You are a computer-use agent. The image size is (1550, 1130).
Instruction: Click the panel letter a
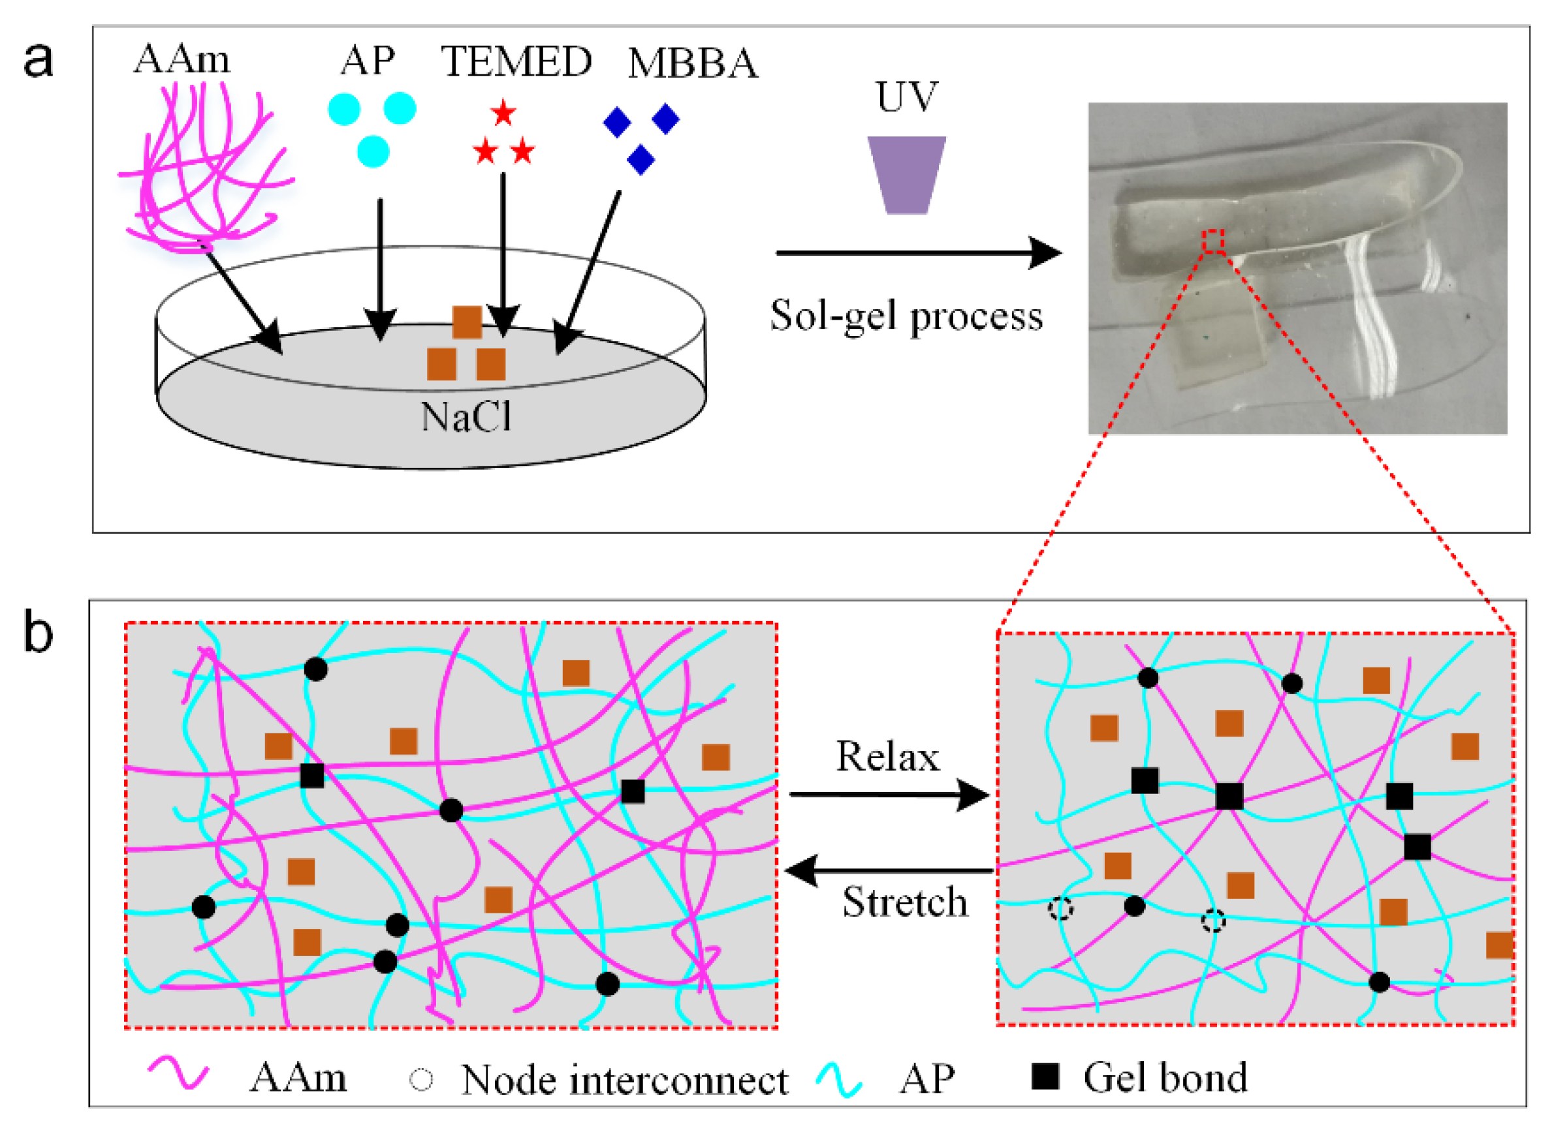[x=39, y=60]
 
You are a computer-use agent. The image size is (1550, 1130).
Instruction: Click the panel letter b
[x=39, y=633]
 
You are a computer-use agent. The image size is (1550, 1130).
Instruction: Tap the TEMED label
[x=516, y=61]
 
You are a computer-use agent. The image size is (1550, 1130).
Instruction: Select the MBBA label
[x=693, y=65]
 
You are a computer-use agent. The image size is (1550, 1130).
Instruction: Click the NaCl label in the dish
[x=466, y=416]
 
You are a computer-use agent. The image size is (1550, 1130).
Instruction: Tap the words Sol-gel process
[x=906, y=316]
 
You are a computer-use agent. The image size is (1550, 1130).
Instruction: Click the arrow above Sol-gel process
[x=917, y=253]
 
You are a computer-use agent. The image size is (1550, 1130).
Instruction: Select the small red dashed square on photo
[x=1213, y=241]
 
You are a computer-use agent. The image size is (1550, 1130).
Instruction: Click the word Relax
[x=887, y=757]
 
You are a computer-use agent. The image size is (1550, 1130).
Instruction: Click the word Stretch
[x=905, y=902]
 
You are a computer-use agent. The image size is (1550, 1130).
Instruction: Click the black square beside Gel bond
[x=1045, y=1077]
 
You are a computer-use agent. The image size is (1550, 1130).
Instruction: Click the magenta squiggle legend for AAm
[x=178, y=1074]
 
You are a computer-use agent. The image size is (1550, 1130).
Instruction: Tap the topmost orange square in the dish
[x=467, y=322]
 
